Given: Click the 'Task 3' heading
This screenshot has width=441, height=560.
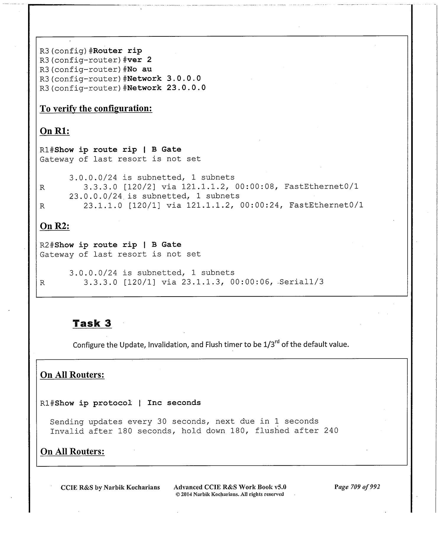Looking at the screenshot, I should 92,323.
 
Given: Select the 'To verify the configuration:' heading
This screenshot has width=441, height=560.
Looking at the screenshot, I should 96,109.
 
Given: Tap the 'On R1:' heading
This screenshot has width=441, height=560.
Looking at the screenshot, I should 55,131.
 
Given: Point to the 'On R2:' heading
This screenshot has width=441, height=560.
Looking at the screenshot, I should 55,226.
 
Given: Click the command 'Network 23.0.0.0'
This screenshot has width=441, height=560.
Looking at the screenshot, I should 166,88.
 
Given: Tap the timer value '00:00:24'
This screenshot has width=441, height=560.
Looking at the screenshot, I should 260,205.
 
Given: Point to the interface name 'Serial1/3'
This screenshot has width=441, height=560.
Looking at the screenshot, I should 301,282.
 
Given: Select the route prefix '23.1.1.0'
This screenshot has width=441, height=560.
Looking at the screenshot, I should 103,206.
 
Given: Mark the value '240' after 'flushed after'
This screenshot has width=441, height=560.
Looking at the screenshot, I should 331,431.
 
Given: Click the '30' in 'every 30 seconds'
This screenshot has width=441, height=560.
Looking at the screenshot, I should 162,421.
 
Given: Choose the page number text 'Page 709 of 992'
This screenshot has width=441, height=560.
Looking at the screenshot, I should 357,487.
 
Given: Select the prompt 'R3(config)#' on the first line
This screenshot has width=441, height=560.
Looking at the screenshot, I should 67,51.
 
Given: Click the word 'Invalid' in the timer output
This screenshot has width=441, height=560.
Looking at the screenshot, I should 67,431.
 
